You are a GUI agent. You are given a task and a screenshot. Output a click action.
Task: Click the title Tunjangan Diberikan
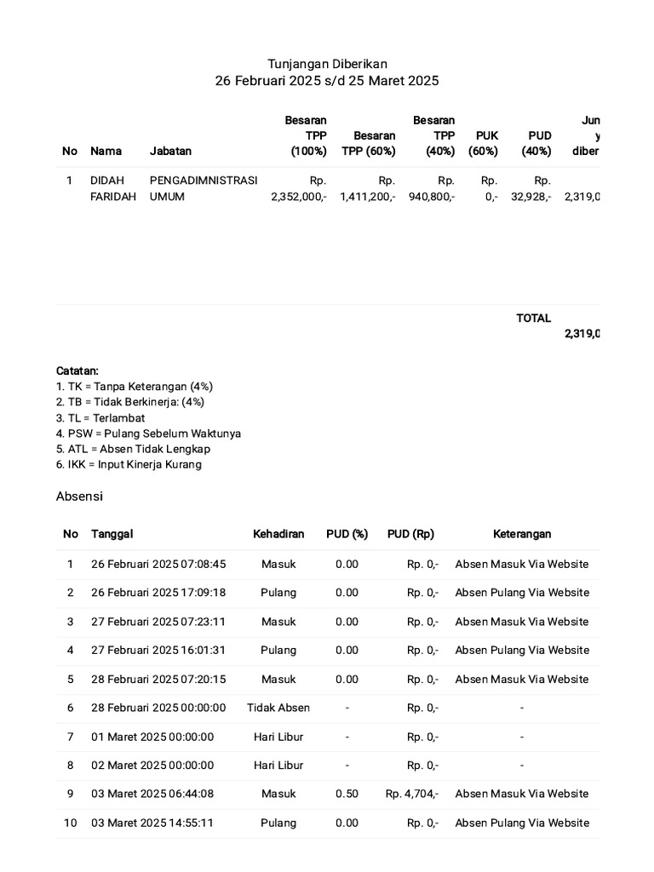point(327,64)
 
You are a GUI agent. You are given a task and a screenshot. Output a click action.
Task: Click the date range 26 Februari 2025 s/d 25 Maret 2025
point(327,81)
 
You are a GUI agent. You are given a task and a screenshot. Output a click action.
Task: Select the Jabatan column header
point(170,151)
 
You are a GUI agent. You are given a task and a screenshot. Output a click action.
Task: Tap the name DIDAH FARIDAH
point(113,188)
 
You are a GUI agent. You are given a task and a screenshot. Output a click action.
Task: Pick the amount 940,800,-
point(432,197)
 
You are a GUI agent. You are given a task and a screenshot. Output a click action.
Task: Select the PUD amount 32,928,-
point(531,197)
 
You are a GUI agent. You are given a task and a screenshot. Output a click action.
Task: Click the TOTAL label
point(533,318)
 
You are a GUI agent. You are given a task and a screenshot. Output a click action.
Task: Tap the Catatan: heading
point(77,371)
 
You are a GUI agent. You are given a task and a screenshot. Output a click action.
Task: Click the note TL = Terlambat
point(100,418)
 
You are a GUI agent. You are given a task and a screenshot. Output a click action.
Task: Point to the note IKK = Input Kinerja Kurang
point(129,465)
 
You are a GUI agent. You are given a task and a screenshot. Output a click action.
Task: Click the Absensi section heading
point(79,496)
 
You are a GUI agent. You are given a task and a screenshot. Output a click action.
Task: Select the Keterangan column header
point(522,534)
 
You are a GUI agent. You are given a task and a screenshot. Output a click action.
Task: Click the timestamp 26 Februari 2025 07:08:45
point(158,564)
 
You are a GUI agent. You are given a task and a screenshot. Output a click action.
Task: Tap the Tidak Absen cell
point(278,708)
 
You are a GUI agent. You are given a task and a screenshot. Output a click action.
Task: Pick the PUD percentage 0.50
point(347,794)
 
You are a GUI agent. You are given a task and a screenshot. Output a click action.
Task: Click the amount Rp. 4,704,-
point(412,794)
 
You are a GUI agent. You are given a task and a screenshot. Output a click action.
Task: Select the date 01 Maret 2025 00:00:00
point(152,737)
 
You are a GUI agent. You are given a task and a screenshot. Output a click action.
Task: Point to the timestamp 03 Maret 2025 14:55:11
point(152,823)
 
